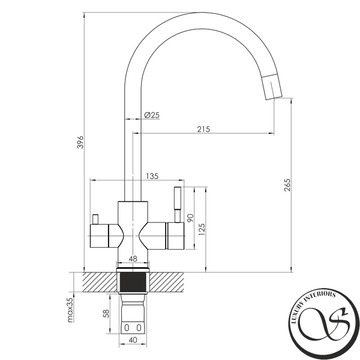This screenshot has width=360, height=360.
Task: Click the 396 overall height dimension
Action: click(80, 142)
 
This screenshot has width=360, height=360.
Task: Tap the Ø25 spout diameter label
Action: click(152, 115)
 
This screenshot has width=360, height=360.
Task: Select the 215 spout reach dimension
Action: click(203, 129)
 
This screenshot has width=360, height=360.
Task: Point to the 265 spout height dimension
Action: click(287, 185)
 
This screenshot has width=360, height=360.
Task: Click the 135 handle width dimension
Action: click(152, 176)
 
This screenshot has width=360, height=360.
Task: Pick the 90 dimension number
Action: click(191, 218)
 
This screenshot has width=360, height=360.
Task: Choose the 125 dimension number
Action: click(202, 229)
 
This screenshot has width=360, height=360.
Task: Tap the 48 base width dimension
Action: click(133, 259)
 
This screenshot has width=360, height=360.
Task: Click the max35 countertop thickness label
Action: click(70, 310)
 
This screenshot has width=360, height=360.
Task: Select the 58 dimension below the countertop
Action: click(106, 314)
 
